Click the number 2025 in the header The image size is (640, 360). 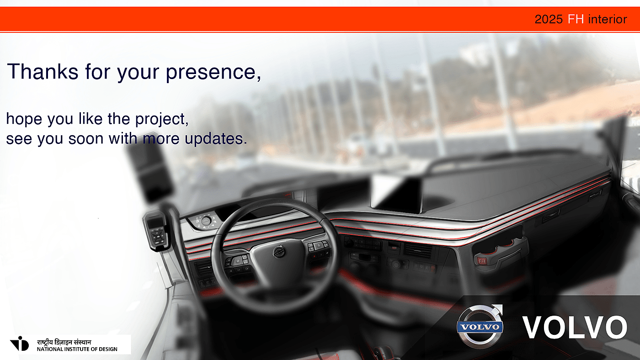point(549,19)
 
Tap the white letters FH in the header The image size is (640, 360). point(576,19)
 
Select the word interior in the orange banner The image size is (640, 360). point(608,19)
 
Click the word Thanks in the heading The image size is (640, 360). point(43,71)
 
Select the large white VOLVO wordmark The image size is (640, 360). point(575,327)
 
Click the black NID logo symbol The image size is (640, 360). point(19,344)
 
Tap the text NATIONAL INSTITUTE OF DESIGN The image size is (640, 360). point(77,349)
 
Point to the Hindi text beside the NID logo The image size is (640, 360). point(64,342)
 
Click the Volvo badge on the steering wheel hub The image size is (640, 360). point(279,252)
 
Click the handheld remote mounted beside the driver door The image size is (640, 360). point(156,231)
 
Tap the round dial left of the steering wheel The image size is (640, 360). point(206,221)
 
